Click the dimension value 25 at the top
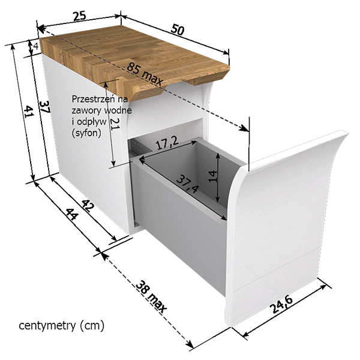[79, 16]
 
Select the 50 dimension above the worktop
[178, 29]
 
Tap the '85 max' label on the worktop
[145, 74]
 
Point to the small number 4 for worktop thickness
[35, 46]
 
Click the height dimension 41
[29, 112]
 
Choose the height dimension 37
[44, 107]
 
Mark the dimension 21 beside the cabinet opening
[115, 124]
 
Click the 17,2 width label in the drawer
[167, 144]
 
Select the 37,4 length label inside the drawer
[187, 184]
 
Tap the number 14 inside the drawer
[212, 176]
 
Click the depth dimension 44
[73, 214]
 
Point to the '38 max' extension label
[151, 297]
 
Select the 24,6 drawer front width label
[282, 305]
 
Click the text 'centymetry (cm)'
[62, 326]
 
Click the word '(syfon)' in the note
[86, 133]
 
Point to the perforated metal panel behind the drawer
[137, 147]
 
